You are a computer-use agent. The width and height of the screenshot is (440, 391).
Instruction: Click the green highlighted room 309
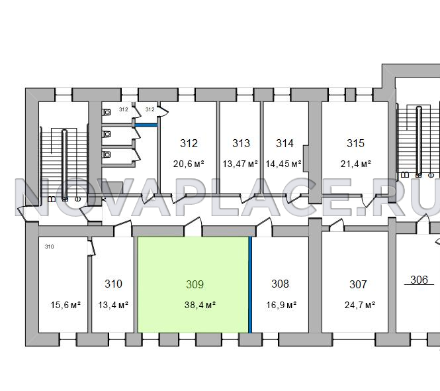[x=193, y=285]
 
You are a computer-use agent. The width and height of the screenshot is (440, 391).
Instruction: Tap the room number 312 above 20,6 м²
[x=189, y=143]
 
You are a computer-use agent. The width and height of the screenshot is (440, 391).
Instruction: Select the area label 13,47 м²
[x=240, y=164]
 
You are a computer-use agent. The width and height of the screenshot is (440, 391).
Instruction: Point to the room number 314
[x=285, y=143]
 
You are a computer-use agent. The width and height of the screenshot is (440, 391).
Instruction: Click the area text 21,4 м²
[x=356, y=164]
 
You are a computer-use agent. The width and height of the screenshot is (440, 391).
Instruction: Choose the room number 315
[x=355, y=143]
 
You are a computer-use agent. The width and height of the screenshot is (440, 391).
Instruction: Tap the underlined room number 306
[x=419, y=280]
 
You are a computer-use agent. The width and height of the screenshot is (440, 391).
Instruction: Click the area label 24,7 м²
[x=360, y=305]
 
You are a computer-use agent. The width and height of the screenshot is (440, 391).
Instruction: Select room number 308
[x=280, y=284]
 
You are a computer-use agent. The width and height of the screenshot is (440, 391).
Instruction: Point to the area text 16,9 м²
[x=281, y=305]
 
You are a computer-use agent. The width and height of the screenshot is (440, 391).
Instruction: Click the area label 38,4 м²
[x=200, y=305]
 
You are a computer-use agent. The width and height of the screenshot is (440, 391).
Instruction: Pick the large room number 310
[x=113, y=284]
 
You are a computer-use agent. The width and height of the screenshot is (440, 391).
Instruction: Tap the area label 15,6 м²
[x=66, y=305]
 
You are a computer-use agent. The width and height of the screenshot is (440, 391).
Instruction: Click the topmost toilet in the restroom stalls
[x=107, y=112]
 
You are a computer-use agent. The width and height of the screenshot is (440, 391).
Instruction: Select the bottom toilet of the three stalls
[x=107, y=154]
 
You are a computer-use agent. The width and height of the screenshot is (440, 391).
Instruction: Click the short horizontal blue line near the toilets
[x=146, y=125]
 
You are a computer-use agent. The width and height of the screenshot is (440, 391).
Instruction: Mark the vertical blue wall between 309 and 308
[x=250, y=285]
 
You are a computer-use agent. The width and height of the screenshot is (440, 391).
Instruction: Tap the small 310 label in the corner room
[x=49, y=247]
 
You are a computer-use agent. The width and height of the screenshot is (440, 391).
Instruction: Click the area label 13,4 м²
[x=113, y=305]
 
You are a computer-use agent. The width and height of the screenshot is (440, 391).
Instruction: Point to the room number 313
[x=241, y=143]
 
